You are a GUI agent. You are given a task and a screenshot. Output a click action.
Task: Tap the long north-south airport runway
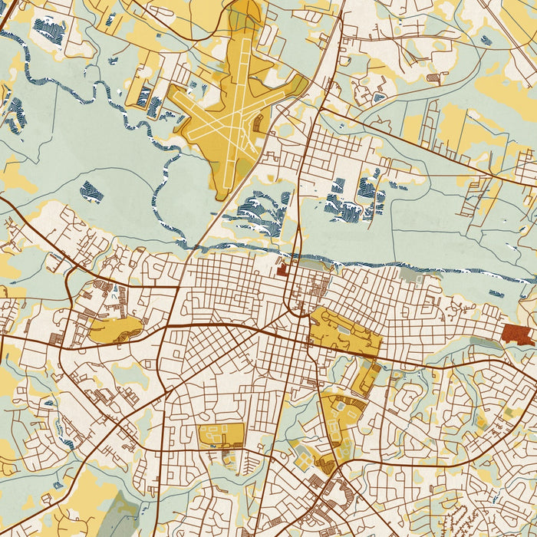point(236,92)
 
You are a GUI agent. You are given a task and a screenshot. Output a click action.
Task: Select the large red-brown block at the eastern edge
point(518,334)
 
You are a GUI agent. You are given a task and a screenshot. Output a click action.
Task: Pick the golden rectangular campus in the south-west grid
point(221,435)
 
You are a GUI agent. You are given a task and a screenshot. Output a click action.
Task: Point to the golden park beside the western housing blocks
point(115,329)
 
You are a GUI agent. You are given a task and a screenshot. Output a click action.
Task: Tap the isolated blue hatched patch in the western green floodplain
point(91,192)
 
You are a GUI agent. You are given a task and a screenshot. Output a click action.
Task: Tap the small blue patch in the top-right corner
point(485,40)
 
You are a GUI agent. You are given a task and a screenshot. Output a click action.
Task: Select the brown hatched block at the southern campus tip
point(327,463)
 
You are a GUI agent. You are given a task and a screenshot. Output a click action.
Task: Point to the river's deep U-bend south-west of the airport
point(165,184)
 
